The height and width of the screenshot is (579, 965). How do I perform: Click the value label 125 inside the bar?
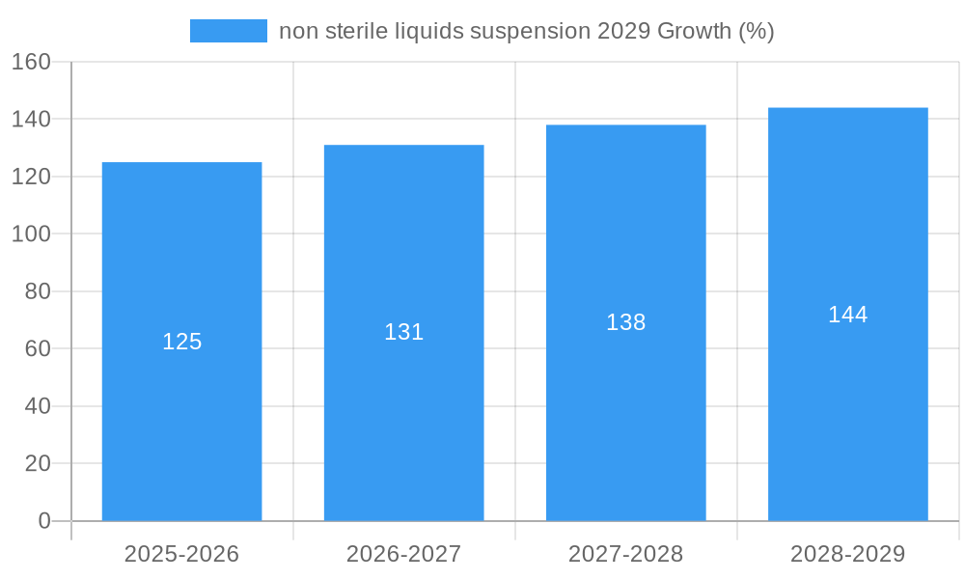[181, 342]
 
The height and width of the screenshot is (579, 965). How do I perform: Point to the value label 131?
[403, 332]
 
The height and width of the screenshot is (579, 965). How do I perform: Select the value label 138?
[625, 322]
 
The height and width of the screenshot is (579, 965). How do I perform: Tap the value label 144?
[847, 315]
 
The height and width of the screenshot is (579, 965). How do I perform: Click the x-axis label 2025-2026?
[181, 554]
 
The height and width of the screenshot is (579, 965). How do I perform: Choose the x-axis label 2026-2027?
[403, 554]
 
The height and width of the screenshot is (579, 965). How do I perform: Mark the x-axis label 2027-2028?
[625, 554]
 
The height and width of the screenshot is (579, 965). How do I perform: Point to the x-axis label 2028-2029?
[847, 554]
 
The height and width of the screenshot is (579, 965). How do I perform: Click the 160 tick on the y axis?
[31, 62]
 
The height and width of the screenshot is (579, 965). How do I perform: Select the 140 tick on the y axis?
[31, 120]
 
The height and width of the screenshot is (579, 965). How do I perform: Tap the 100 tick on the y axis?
[31, 234]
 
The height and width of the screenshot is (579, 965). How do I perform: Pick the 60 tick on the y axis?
[37, 349]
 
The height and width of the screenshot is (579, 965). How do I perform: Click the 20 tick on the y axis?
[37, 464]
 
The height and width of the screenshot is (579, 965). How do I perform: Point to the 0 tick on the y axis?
[43, 521]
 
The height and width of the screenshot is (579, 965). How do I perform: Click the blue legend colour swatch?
[229, 31]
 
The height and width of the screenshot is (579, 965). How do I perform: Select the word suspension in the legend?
[530, 32]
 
